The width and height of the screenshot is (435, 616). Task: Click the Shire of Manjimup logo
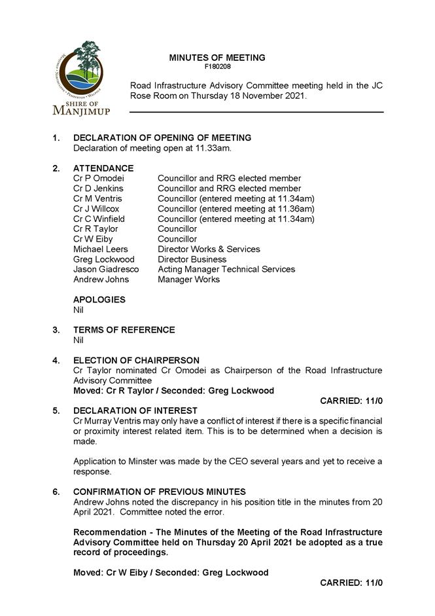click(82, 78)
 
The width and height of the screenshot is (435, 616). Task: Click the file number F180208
click(217, 67)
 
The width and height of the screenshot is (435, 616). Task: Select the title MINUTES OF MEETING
click(217, 58)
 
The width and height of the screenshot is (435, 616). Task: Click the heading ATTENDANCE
click(103, 168)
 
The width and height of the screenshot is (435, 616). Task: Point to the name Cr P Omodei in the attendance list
click(98, 178)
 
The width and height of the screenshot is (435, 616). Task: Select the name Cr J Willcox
click(96, 209)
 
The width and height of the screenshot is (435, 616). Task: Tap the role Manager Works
click(188, 280)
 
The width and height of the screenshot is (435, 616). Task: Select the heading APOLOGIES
click(99, 300)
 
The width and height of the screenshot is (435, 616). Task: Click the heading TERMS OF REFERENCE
click(124, 330)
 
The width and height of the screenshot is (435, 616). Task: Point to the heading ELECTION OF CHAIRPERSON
click(136, 361)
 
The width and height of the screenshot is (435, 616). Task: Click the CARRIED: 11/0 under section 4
click(351, 401)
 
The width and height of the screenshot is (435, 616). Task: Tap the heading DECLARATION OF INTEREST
click(135, 410)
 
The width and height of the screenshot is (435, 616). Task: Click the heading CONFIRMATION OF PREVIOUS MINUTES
click(160, 492)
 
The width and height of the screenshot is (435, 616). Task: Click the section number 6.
click(56, 492)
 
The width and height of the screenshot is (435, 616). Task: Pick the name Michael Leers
click(101, 249)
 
